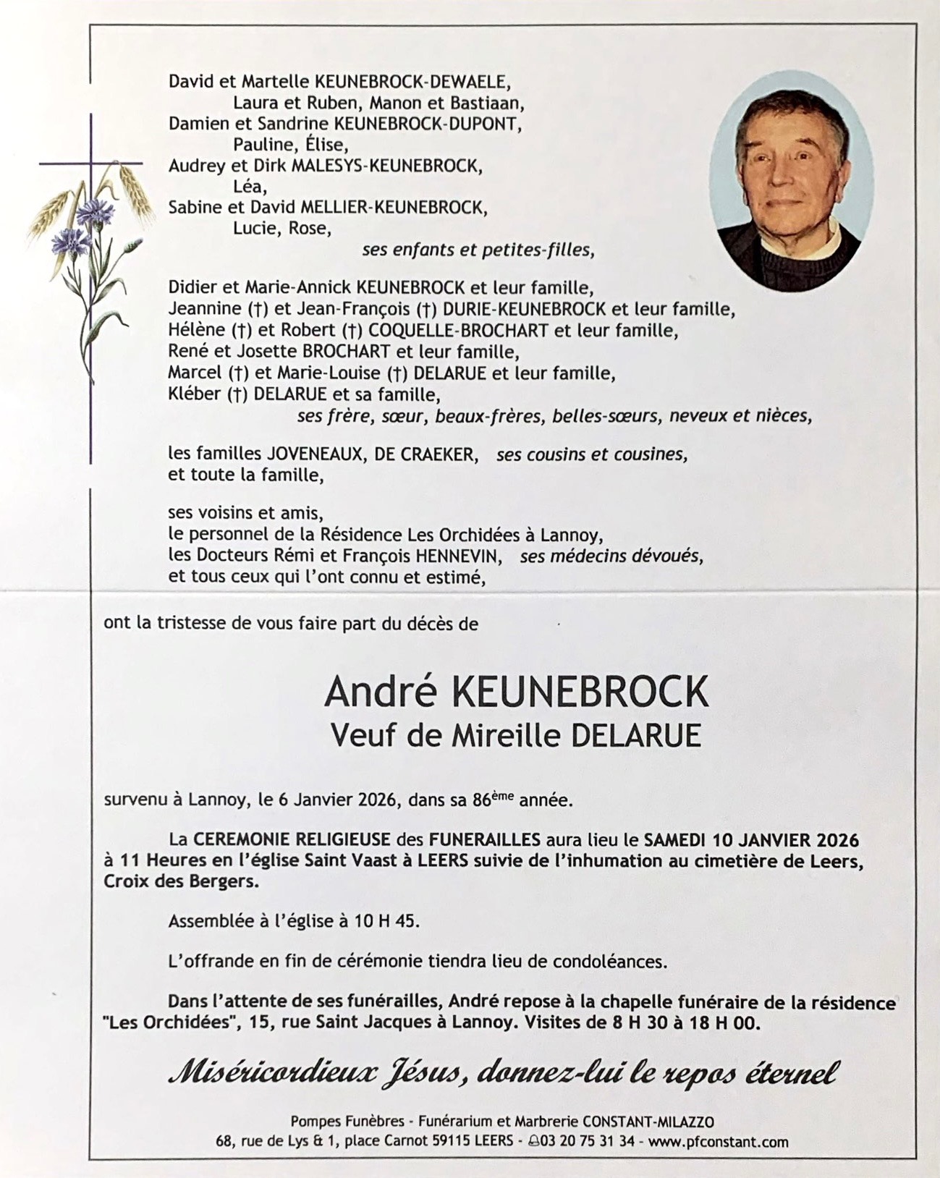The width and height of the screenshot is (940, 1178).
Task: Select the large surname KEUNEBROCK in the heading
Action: (x=579, y=692)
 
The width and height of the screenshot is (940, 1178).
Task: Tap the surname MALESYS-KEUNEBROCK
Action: (x=386, y=166)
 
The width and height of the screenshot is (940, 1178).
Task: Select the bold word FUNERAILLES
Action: (x=485, y=840)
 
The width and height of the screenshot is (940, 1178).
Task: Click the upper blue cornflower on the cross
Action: (x=92, y=211)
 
